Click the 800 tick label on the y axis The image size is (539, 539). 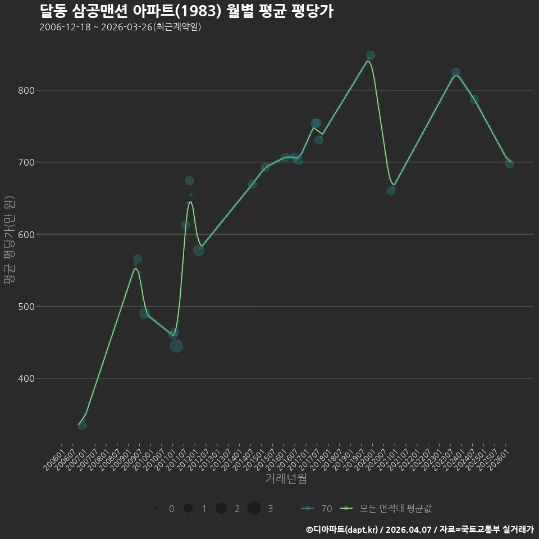point(26,90)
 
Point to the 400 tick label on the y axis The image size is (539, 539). point(26,378)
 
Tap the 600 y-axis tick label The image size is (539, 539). point(26,235)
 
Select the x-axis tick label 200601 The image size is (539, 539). point(54,459)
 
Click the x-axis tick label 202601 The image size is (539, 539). point(498,459)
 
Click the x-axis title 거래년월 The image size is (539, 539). point(286,478)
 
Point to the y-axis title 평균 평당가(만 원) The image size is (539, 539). point(10,240)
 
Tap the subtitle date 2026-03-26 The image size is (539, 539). point(127,27)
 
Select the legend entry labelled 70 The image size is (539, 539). point(317,509)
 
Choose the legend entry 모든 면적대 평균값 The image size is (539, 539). point(385,509)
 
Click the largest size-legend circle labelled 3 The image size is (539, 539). point(254,508)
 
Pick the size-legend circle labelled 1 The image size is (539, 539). point(188,508)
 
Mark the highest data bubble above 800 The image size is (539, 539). point(371,56)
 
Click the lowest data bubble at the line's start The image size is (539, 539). point(82,425)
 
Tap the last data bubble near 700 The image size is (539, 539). point(509,164)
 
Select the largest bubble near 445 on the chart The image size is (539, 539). point(176,346)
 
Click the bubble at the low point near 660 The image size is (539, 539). point(391,191)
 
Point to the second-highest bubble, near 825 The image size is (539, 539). point(456,72)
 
